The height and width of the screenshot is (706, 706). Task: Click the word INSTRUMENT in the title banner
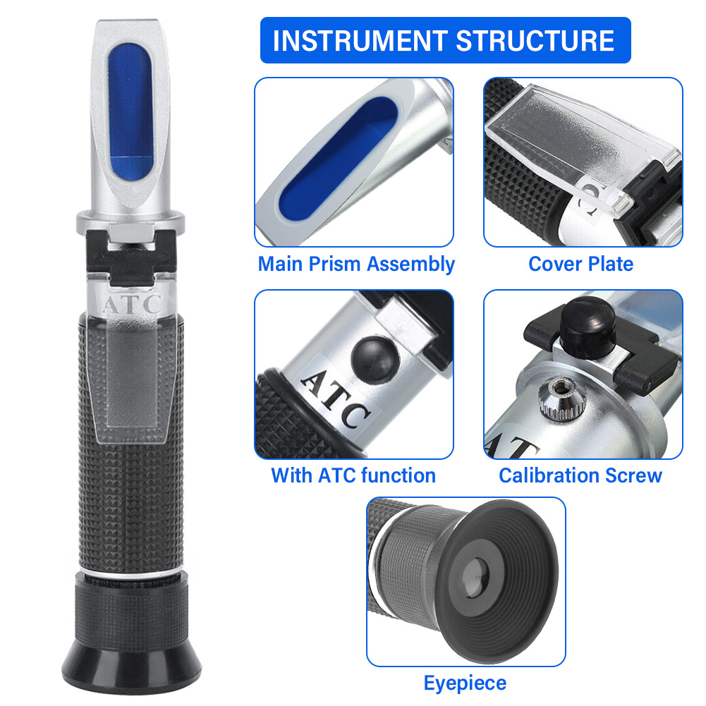click(359, 40)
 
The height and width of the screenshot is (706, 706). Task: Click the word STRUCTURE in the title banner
click(536, 40)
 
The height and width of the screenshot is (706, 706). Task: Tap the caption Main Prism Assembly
click(356, 264)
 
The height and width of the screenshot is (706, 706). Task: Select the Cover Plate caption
click(580, 264)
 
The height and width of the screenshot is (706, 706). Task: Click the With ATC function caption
click(353, 475)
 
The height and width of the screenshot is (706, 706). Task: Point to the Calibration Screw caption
click(580, 475)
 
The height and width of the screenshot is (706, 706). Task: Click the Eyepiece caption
click(465, 683)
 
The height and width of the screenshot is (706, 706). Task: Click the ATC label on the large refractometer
click(132, 306)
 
